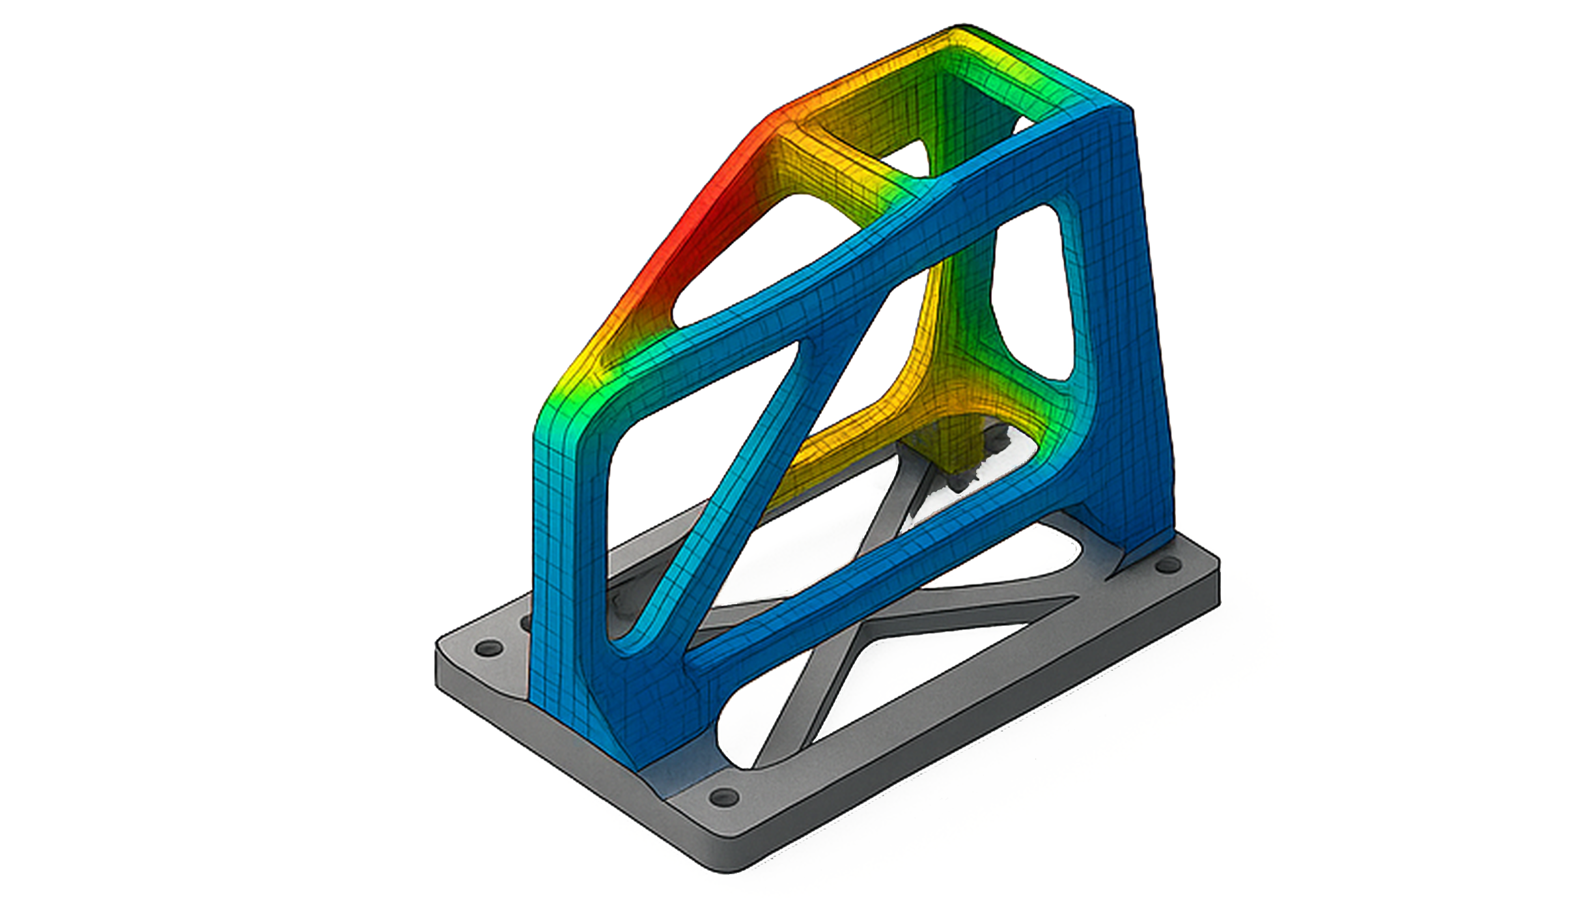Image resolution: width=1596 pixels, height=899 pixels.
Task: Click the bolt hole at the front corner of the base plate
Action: [x=723, y=797]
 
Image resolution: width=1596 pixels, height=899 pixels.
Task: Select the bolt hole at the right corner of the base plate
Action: [x=1166, y=565]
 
